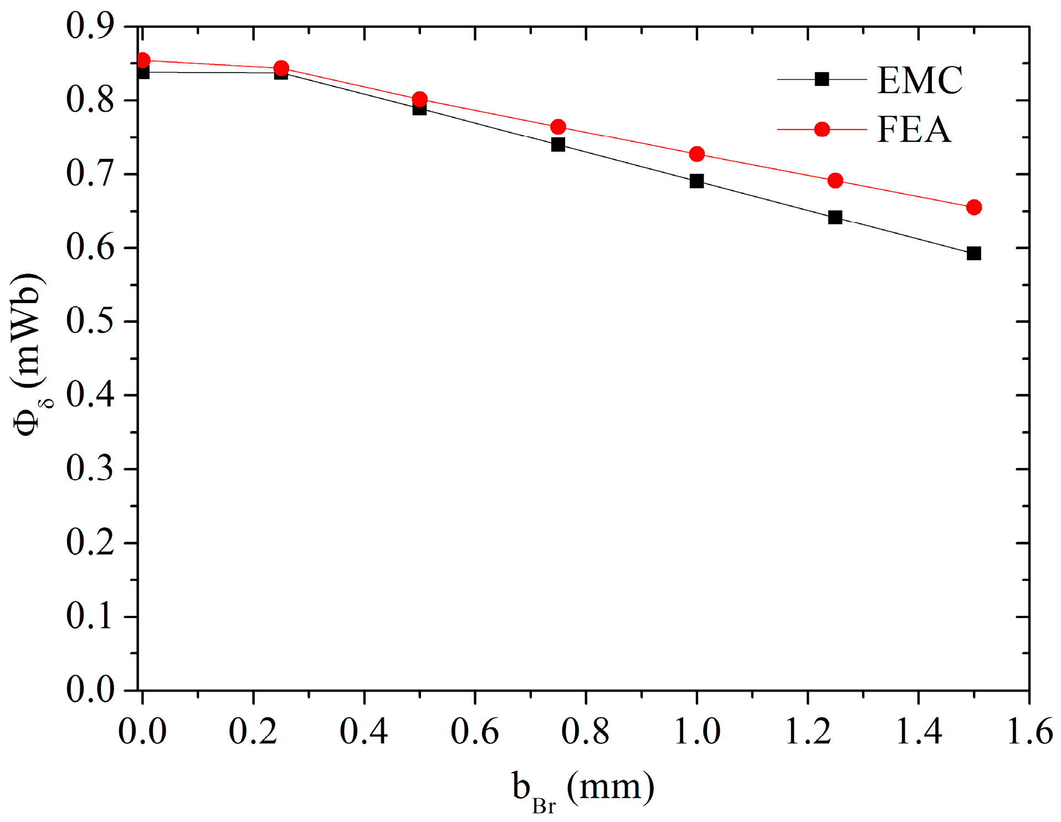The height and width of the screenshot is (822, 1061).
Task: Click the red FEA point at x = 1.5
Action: pyautogui.click(x=973, y=207)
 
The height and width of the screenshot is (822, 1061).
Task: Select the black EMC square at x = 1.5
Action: pyautogui.click(x=973, y=253)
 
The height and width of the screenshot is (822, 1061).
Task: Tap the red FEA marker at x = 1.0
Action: pyautogui.click(x=696, y=154)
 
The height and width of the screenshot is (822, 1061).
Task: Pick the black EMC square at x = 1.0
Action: pyautogui.click(x=696, y=181)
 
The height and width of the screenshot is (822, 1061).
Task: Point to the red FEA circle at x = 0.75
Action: pyautogui.click(x=558, y=127)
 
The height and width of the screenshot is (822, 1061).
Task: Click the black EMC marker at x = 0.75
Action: pyautogui.click(x=558, y=145)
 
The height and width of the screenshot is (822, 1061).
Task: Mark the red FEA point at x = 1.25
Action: pyautogui.click(x=835, y=181)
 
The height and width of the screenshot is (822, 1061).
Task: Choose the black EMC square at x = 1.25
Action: pyautogui.click(x=835, y=217)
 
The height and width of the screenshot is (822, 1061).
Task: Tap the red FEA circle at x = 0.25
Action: pyautogui.click(x=281, y=68)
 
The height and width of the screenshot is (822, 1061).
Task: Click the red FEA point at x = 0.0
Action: pyautogui.click(x=143, y=60)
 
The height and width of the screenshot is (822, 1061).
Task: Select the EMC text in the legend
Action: pyautogui.click(x=920, y=81)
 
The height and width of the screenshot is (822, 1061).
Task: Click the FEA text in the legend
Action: pyautogui.click(x=914, y=130)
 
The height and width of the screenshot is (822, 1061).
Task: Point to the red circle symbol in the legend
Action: pyautogui.click(x=822, y=130)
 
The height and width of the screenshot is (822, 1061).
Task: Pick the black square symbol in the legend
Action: pyautogui.click(x=822, y=79)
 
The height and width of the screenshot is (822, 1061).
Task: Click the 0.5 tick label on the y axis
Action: pyautogui.click(x=90, y=321)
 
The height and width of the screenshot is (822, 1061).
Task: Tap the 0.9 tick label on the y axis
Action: pyautogui.click(x=90, y=25)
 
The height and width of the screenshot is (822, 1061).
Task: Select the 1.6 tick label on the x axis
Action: pyautogui.click(x=1029, y=731)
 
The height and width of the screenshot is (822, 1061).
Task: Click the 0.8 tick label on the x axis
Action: pyautogui.click(x=586, y=731)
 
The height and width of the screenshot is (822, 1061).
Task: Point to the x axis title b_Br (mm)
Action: pyautogui.click(x=583, y=790)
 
